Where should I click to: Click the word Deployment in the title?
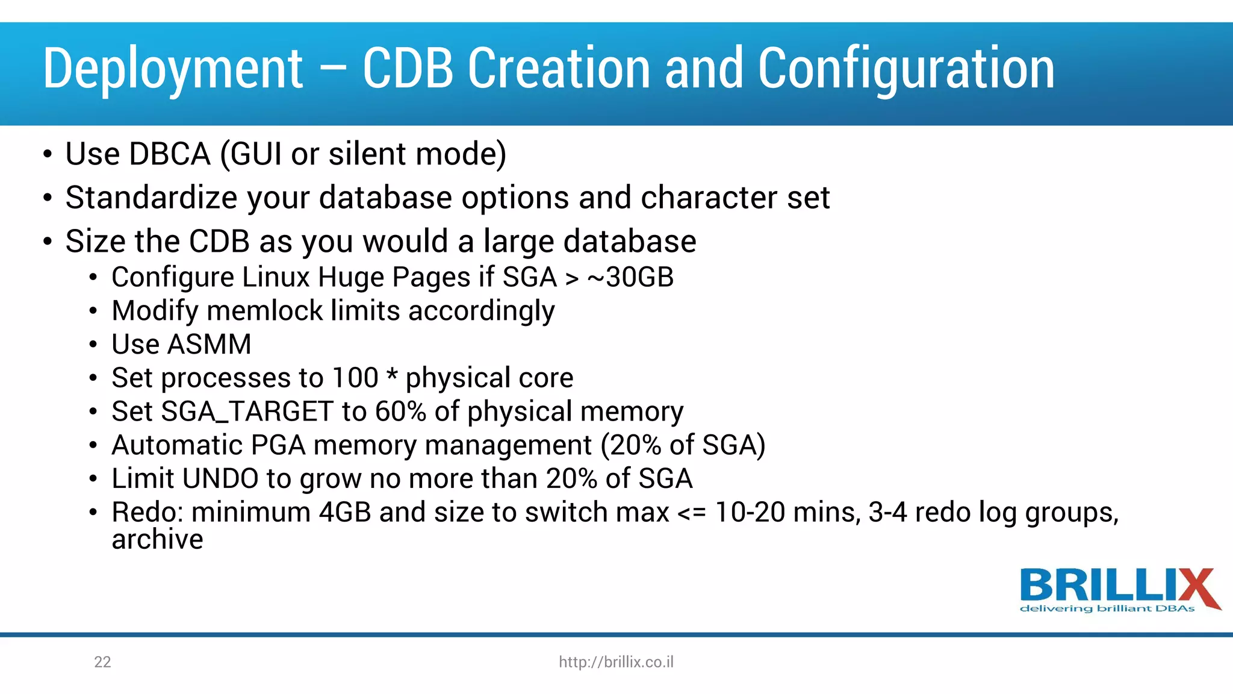coord(173,69)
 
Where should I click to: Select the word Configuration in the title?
coord(905,69)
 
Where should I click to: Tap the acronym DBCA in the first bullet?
coord(169,154)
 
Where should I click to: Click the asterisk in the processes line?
coord(391,376)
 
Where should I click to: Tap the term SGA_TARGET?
coord(247,412)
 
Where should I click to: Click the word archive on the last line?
coord(157,540)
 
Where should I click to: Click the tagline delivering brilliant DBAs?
coord(1107,608)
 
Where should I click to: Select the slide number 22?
coord(102,662)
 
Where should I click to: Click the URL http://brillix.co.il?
coord(616,662)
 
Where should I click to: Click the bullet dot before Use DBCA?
coord(48,154)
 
